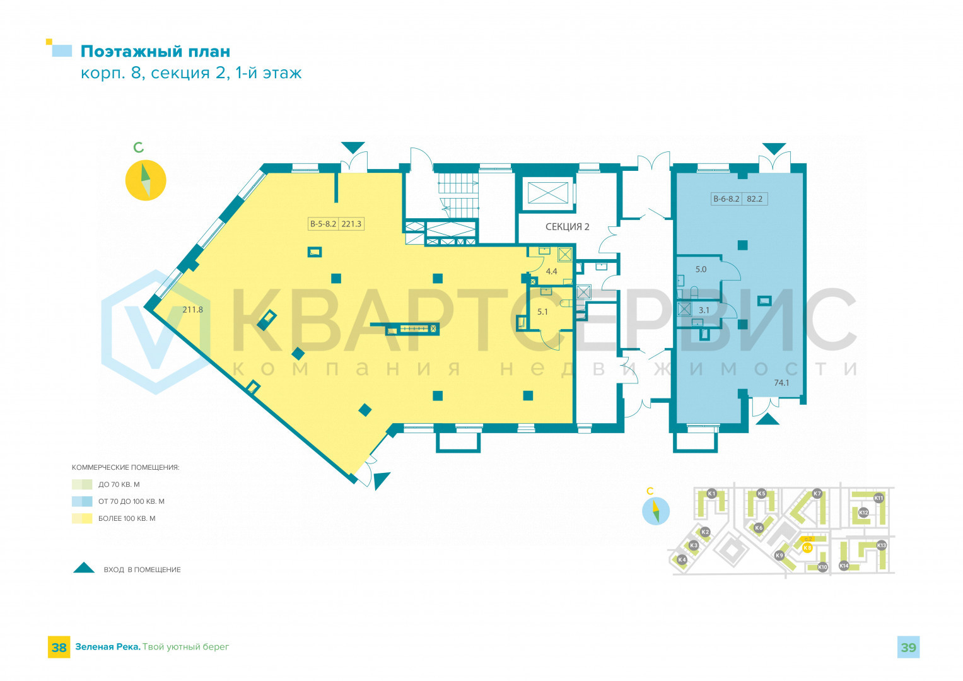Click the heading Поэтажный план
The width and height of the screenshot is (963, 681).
pyautogui.click(x=155, y=52)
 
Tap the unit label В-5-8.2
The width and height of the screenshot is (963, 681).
pyautogui.click(x=323, y=223)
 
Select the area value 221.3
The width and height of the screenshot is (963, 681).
pyautogui.click(x=351, y=223)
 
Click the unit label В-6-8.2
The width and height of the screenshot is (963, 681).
pyautogui.click(x=726, y=199)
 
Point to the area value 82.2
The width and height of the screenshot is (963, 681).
pyautogui.click(x=754, y=199)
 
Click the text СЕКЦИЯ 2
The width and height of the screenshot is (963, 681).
pyautogui.click(x=567, y=227)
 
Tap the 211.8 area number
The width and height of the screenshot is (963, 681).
pyautogui.click(x=192, y=310)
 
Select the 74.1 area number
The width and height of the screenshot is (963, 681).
pyautogui.click(x=781, y=382)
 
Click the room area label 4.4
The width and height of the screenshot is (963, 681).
pyautogui.click(x=551, y=271)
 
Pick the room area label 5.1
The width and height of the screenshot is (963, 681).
pyautogui.click(x=542, y=311)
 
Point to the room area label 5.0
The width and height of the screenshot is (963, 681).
pyautogui.click(x=701, y=269)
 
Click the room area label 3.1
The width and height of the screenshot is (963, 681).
pyautogui.click(x=704, y=310)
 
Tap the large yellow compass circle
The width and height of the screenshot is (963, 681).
pyautogui.click(x=146, y=180)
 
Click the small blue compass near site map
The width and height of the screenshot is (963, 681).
pyautogui.click(x=655, y=511)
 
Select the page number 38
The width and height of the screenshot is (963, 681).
pyautogui.click(x=59, y=648)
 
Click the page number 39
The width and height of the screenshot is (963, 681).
pyautogui.click(x=908, y=648)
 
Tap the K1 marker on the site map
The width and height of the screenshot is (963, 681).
pyautogui.click(x=711, y=493)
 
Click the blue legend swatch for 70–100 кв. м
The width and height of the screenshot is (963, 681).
pyautogui.click(x=82, y=501)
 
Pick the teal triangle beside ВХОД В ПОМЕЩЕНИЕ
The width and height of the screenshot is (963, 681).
pyautogui.click(x=84, y=567)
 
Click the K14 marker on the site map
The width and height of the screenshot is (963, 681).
pyautogui.click(x=844, y=566)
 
